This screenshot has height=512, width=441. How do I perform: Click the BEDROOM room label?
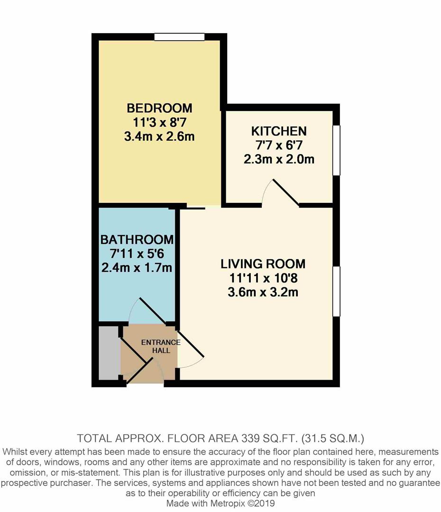[159, 108]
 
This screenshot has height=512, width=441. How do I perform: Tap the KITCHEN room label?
[279, 131]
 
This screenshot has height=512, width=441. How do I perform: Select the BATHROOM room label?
[137, 239]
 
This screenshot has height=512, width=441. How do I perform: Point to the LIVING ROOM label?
[263, 264]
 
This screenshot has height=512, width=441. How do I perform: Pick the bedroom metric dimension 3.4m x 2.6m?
[159, 137]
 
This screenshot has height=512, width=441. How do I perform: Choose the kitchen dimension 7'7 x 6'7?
[279, 145]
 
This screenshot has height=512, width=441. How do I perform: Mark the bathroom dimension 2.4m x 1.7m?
[137, 268]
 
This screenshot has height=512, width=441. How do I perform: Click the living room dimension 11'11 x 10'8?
[263, 278]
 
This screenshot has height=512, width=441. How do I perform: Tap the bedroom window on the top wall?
[179, 37]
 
